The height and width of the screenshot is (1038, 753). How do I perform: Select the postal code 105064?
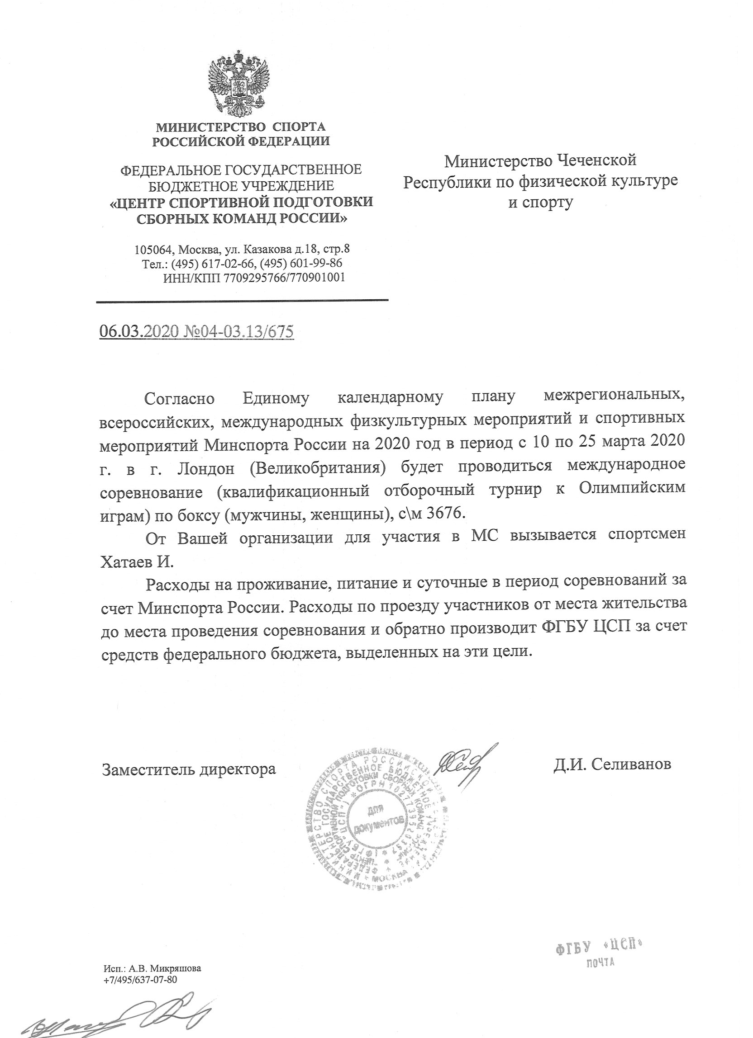pos(154,250)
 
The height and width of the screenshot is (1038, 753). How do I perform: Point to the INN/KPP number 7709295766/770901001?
pos(284,278)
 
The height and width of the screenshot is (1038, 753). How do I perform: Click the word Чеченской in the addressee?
pos(596,160)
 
